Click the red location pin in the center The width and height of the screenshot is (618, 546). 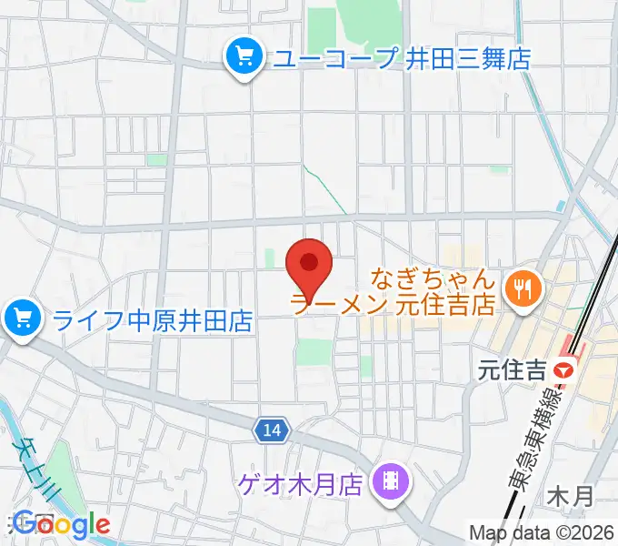(x=309, y=265)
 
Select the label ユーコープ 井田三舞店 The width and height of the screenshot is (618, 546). (x=401, y=59)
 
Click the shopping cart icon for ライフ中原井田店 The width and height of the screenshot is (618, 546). (x=21, y=318)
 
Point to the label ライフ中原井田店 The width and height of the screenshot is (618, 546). (x=152, y=320)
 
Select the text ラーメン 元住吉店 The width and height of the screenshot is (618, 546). (x=393, y=302)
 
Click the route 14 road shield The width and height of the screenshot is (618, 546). (x=275, y=429)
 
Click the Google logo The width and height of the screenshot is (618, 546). (x=63, y=524)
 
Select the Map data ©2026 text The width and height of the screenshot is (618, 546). (x=542, y=532)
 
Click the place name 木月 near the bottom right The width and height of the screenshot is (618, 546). (x=571, y=497)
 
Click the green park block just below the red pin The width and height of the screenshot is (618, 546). (x=314, y=351)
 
